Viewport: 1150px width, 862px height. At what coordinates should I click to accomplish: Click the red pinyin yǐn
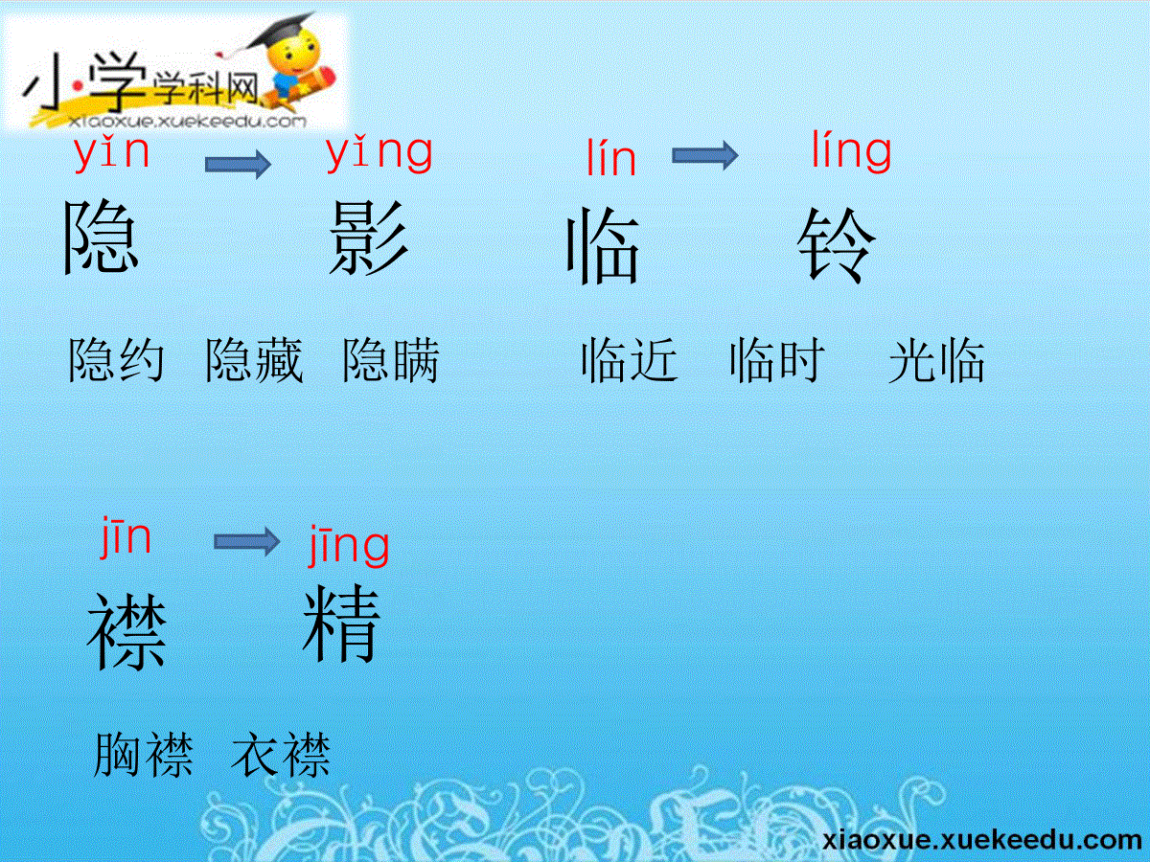111,153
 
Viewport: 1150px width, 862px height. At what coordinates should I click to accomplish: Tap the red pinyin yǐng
379,153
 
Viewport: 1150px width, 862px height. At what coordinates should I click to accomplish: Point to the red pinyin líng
851,150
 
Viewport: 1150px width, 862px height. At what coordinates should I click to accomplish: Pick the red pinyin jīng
349,545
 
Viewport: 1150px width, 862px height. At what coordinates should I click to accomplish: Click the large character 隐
102,237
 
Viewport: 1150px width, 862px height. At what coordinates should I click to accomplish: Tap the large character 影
369,238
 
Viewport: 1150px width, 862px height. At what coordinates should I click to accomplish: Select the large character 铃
837,245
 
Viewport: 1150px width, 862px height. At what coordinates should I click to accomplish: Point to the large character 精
341,624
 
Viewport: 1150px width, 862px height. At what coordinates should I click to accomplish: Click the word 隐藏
254,360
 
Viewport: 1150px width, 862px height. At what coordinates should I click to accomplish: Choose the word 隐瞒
391,360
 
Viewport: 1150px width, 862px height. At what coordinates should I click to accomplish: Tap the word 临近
630,360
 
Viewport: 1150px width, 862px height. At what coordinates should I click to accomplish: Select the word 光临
936,360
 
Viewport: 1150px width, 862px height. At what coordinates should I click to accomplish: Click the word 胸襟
143,754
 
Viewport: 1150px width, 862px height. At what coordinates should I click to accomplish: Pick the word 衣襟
281,754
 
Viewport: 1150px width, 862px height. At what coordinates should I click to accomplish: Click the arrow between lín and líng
705,155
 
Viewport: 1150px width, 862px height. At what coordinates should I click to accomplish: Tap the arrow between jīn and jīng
246,542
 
